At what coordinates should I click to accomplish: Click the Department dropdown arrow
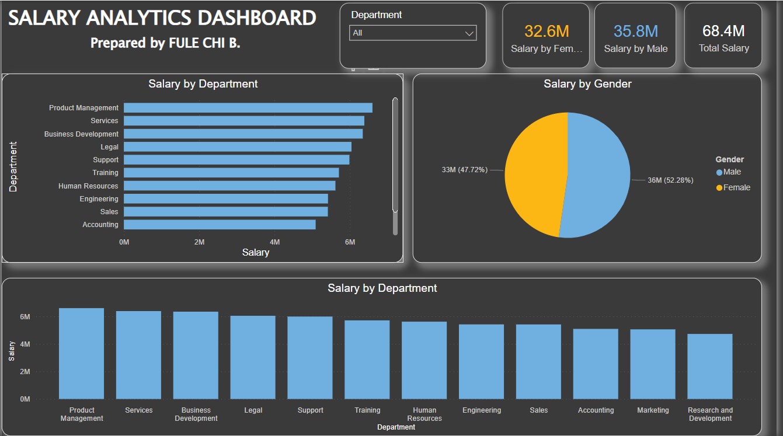tap(469, 33)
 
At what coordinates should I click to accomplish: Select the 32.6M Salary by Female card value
tap(547, 31)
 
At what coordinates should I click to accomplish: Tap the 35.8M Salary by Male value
tap(635, 31)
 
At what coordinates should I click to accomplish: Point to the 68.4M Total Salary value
tap(723, 31)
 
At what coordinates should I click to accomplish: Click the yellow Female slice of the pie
tap(534, 175)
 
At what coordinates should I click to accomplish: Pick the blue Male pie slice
tap(598, 175)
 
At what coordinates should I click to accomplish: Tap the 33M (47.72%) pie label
tap(464, 170)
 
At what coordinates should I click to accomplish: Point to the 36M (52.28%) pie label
tap(670, 180)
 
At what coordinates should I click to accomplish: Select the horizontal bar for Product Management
tap(248, 107)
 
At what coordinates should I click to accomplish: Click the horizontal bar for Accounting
tap(220, 225)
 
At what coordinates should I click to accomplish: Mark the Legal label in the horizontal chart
tap(109, 147)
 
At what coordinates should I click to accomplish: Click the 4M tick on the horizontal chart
tap(274, 242)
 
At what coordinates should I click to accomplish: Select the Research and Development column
tap(709, 366)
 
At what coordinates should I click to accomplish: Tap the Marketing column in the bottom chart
tap(653, 364)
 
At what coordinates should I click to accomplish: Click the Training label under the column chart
tap(367, 410)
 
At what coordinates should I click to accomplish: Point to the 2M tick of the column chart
tap(25, 372)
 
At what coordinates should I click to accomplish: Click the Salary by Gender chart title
tap(587, 84)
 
